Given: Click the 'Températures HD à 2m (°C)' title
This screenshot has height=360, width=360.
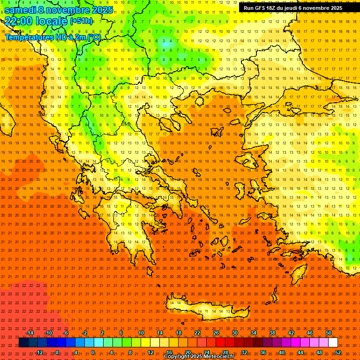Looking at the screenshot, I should click(53, 37).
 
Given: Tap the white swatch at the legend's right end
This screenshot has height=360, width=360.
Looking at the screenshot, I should click(333, 343).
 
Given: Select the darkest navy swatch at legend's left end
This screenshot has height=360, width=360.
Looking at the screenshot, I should click(23, 343).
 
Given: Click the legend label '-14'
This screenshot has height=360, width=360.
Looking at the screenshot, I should click(30, 333).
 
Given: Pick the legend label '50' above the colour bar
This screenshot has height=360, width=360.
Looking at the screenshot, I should click(329, 333).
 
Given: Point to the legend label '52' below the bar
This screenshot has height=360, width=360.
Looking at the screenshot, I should click(338, 352).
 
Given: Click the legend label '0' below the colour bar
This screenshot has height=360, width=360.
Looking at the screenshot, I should click(93, 352).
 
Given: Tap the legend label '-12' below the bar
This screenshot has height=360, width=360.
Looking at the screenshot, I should click(39, 352).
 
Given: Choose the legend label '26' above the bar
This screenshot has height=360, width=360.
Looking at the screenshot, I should click(216, 333).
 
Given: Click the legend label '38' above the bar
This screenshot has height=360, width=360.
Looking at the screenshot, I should click(272, 333).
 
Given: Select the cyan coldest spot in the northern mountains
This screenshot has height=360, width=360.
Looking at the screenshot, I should click(166, 45).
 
